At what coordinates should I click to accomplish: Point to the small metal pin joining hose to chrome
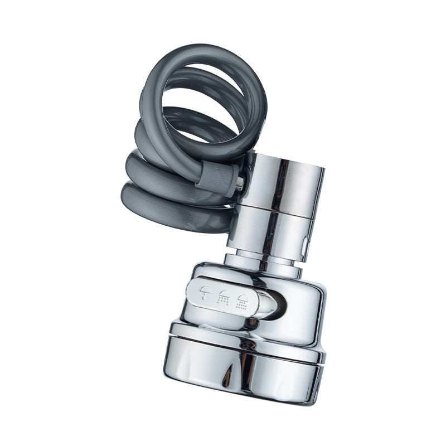pos(239,182)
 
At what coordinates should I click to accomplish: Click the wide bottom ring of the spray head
pos(245,368)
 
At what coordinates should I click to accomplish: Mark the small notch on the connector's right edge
pos(306,244)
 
